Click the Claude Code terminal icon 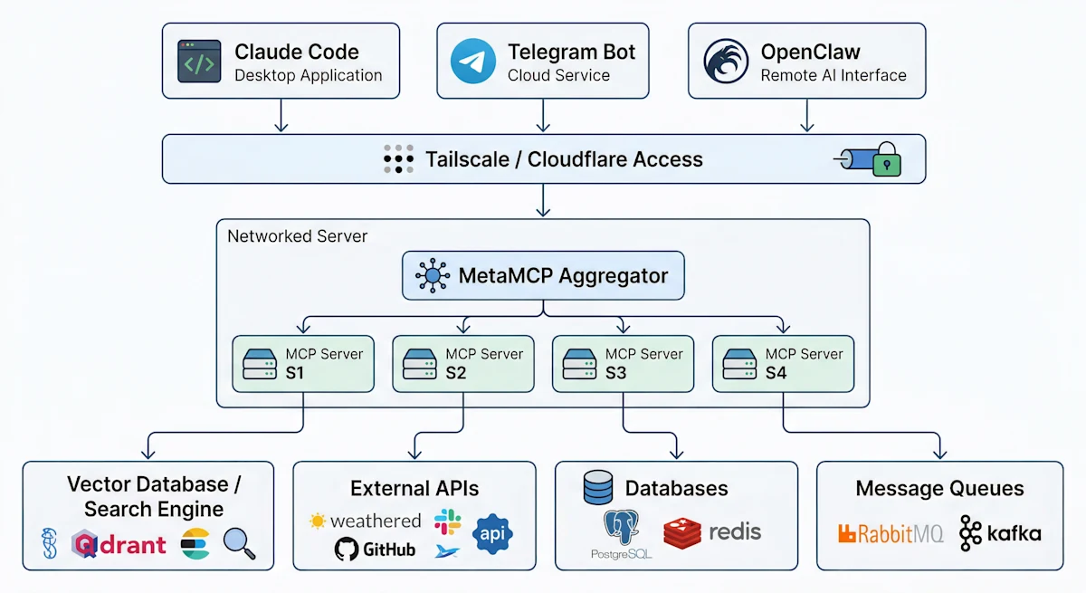click(199, 62)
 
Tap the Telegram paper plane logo click(473, 62)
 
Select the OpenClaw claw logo click(726, 62)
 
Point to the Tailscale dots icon click(398, 158)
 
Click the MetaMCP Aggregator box click(543, 276)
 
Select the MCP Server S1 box click(303, 364)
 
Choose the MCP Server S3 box click(623, 364)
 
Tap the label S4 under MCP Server click(776, 373)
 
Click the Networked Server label click(297, 236)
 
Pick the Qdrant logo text click(120, 543)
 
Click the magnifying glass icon click(239, 543)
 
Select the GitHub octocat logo click(345, 549)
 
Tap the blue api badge click(492, 533)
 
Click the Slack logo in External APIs click(447, 521)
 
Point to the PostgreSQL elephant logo click(621, 531)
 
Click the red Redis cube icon click(682, 533)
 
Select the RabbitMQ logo click(891, 533)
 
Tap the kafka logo click(1000, 533)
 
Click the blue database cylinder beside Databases click(598, 488)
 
